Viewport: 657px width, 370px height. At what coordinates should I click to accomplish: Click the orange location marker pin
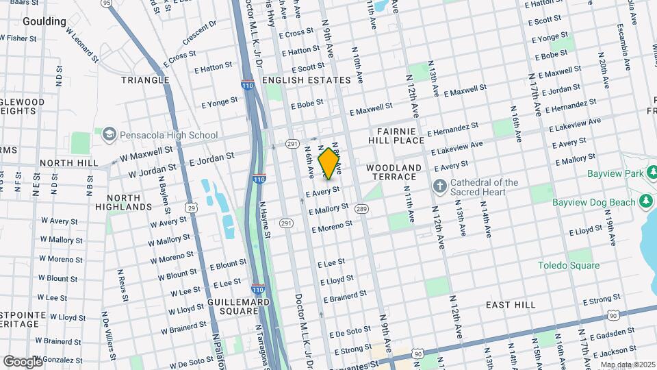(x=329, y=163)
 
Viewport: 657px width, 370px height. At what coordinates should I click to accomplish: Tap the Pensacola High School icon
(x=109, y=135)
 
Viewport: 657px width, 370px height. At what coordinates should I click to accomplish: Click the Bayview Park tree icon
(x=645, y=173)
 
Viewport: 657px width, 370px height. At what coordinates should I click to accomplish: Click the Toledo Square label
(x=568, y=265)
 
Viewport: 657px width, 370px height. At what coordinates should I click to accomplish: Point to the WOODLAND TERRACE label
(x=394, y=172)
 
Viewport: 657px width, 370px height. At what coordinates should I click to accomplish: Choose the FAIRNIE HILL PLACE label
(x=401, y=135)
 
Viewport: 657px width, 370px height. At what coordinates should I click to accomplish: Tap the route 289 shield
(x=362, y=208)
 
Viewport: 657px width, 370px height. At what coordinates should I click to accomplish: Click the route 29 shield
(x=192, y=208)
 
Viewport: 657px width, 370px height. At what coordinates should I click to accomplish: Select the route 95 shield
(x=106, y=3)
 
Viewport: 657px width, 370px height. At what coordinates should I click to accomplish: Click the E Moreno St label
(x=331, y=226)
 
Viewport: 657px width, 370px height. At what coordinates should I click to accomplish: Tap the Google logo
(x=23, y=361)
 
